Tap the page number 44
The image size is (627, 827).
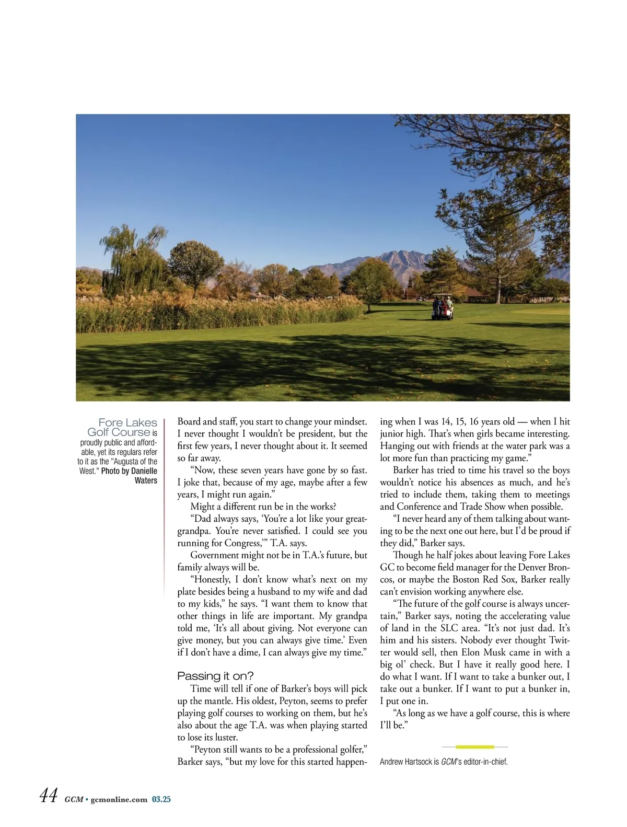point(48,796)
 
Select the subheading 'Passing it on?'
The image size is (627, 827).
point(215,676)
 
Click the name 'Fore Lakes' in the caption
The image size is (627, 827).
point(127,422)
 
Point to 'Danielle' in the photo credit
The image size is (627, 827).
point(144,471)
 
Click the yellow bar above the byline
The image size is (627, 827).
point(474,747)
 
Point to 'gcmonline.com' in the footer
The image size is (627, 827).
point(119,799)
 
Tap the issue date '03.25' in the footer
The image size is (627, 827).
point(161,799)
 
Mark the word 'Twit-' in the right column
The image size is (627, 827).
point(559,640)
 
